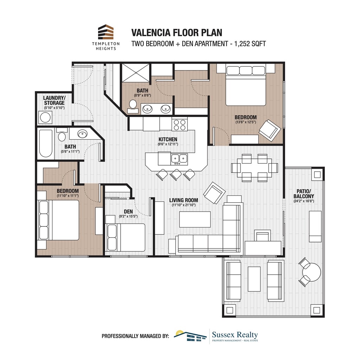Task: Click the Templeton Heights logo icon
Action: coord(106,32)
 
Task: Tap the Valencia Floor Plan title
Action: coord(177,33)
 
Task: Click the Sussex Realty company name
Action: coord(235,335)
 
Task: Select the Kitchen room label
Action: coord(168,140)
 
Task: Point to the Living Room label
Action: coord(184,200)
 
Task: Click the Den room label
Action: coord(128,212)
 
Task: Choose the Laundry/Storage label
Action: coord(54,100)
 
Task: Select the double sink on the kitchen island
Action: coord(179,159)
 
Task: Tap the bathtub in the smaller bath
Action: coord(46,144)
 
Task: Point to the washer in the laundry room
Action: coord(45,117)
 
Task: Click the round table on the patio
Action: coord(311,271)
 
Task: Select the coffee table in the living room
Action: coord(195,219)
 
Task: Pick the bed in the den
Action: coord(126,237)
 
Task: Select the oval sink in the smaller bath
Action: coord(83,134)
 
